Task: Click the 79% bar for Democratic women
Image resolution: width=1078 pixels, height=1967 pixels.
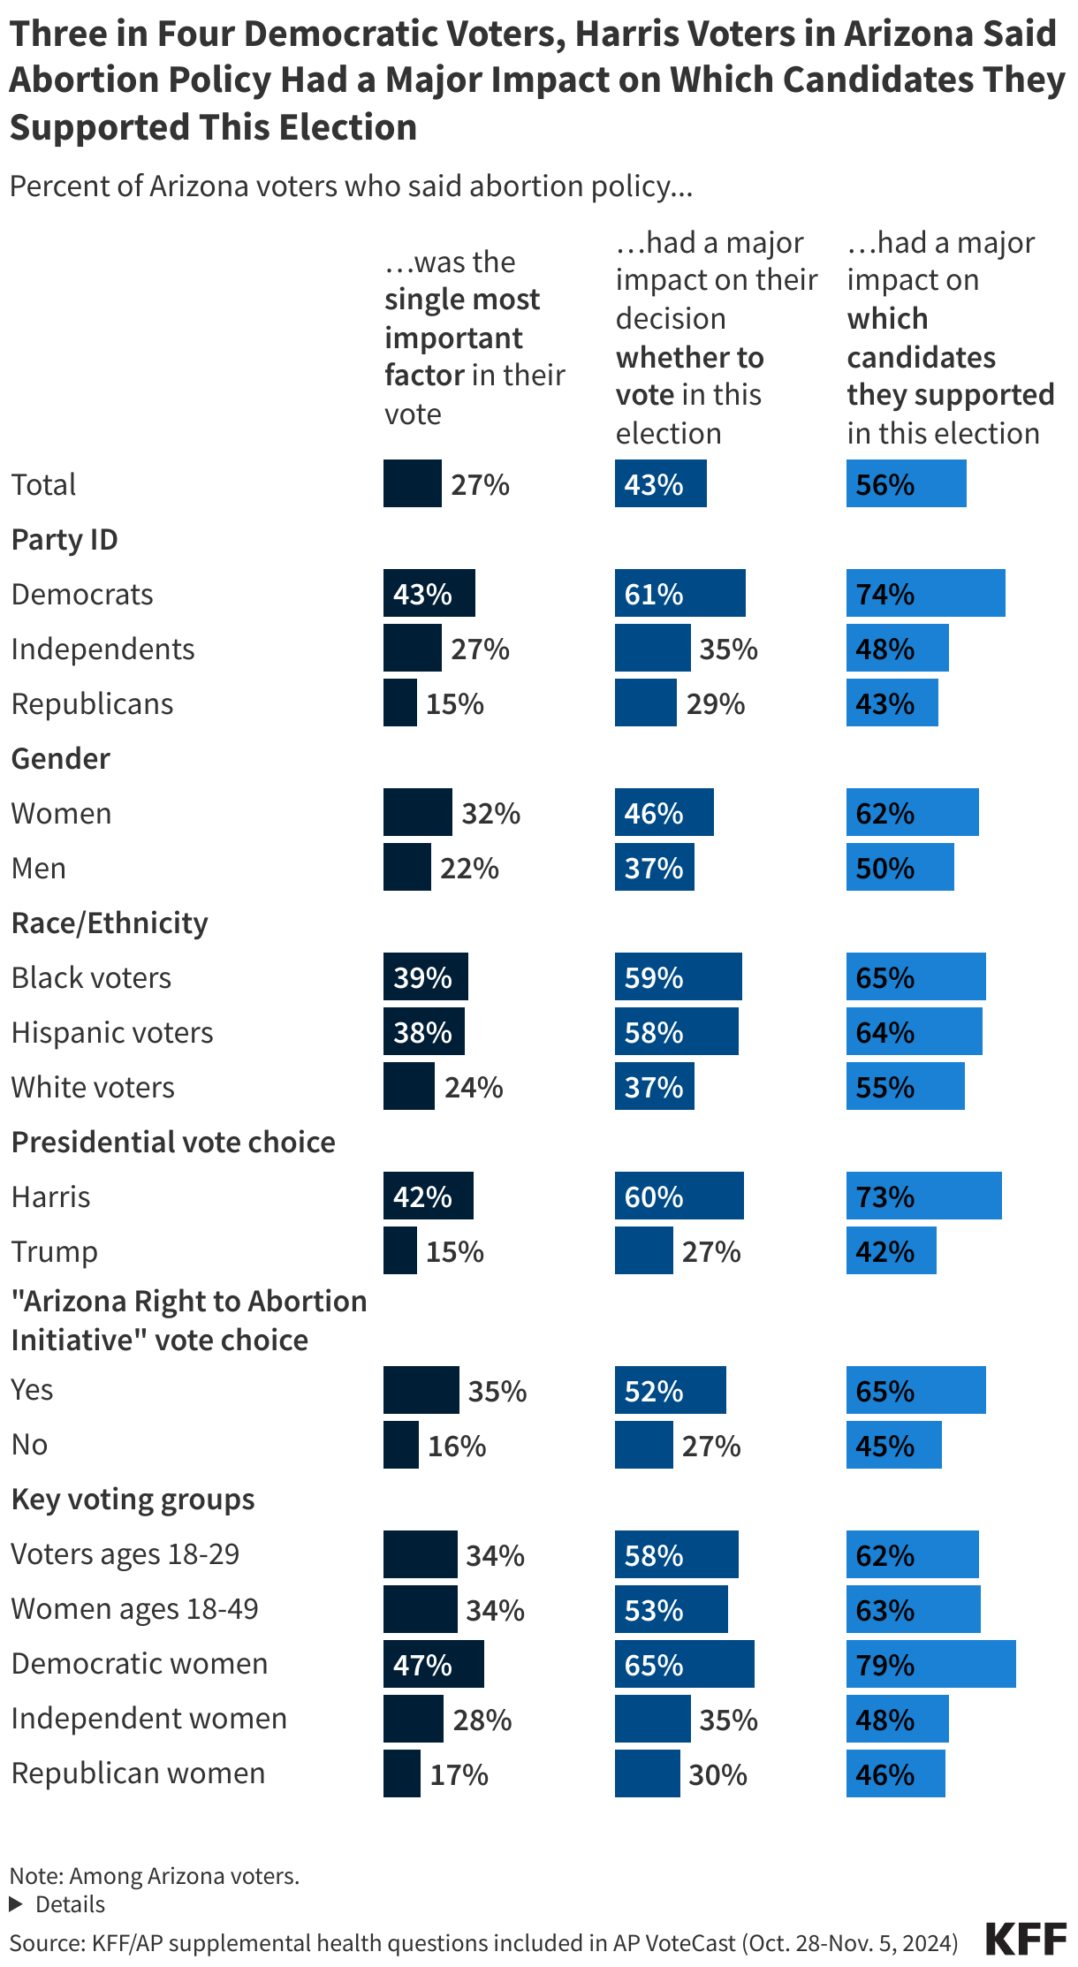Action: tap(930, 1664)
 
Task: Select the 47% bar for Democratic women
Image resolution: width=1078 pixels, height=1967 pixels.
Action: tap(433, 1664)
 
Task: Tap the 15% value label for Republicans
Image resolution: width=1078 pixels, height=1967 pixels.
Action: tap(455, 704)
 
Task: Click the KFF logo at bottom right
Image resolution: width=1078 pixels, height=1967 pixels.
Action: tap(1025, 1939)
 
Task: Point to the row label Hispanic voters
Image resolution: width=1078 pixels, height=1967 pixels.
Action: tap(112, 1032)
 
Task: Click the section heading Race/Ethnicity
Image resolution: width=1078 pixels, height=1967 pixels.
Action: tap(110, 923)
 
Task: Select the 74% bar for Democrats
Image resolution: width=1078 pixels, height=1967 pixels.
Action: tap(925, 594)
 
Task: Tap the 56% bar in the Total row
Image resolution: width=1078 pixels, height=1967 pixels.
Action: tap(906, 484)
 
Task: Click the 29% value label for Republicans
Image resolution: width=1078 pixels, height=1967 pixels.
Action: tap(716, 704)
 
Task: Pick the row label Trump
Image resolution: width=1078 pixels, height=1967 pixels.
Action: tap(54, 1251)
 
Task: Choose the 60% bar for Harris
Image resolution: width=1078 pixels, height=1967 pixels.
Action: tap(679, 1196)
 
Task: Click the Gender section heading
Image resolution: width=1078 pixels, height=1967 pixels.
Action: tap(60, 758)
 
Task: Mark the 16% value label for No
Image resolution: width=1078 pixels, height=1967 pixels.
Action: tap(457, 1446)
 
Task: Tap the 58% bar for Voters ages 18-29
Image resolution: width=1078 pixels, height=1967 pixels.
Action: tap(676, 1555)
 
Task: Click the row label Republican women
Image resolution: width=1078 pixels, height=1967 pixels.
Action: tap(138, 1773)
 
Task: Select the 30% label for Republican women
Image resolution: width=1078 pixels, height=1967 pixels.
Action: tap(717, 1774)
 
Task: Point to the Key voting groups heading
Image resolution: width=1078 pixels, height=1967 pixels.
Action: tap(133, 1499)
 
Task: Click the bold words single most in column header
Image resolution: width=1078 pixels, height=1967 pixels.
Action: tap(461, 300)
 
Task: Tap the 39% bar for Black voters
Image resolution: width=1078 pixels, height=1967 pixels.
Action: tap(425, 977)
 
